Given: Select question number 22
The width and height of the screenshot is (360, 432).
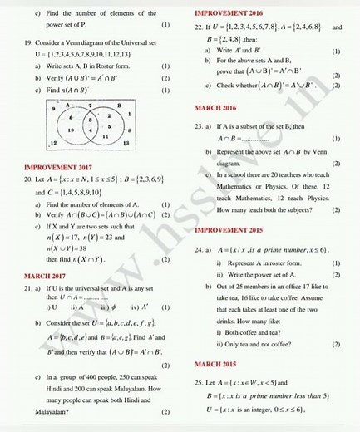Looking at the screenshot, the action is coord(198,27).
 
